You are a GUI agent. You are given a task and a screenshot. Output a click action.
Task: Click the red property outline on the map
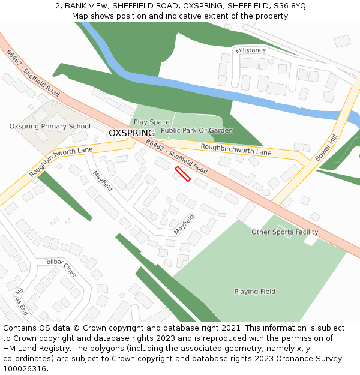[182, 174]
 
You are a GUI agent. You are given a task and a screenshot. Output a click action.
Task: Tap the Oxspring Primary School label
[50, 127]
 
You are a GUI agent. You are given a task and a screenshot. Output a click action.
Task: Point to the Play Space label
[151, 122]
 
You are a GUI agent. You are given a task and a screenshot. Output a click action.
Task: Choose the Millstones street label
[251, 50]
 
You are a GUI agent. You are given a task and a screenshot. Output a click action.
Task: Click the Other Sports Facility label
[284, 232]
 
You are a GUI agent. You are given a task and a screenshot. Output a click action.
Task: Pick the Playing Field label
[255, 292]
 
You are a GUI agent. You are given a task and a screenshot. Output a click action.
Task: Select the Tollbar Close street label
[60, 268]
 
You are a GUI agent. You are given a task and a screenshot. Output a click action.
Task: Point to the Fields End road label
[20, 302]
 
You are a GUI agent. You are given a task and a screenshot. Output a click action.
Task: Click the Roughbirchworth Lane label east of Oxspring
[236, 149]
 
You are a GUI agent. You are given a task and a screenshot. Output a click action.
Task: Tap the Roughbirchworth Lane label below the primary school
[61, 162]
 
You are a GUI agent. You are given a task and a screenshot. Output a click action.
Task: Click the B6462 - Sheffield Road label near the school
[34, 73]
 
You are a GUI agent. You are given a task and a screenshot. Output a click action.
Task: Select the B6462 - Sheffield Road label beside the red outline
[176, 157]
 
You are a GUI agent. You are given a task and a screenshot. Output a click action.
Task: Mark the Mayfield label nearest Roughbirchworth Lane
[102, 181]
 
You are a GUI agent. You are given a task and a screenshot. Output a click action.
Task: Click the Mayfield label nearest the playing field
[185, 224]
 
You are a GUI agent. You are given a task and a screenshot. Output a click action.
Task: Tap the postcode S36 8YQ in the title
[289, 5]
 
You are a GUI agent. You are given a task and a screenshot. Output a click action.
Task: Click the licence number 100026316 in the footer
[25, 369]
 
